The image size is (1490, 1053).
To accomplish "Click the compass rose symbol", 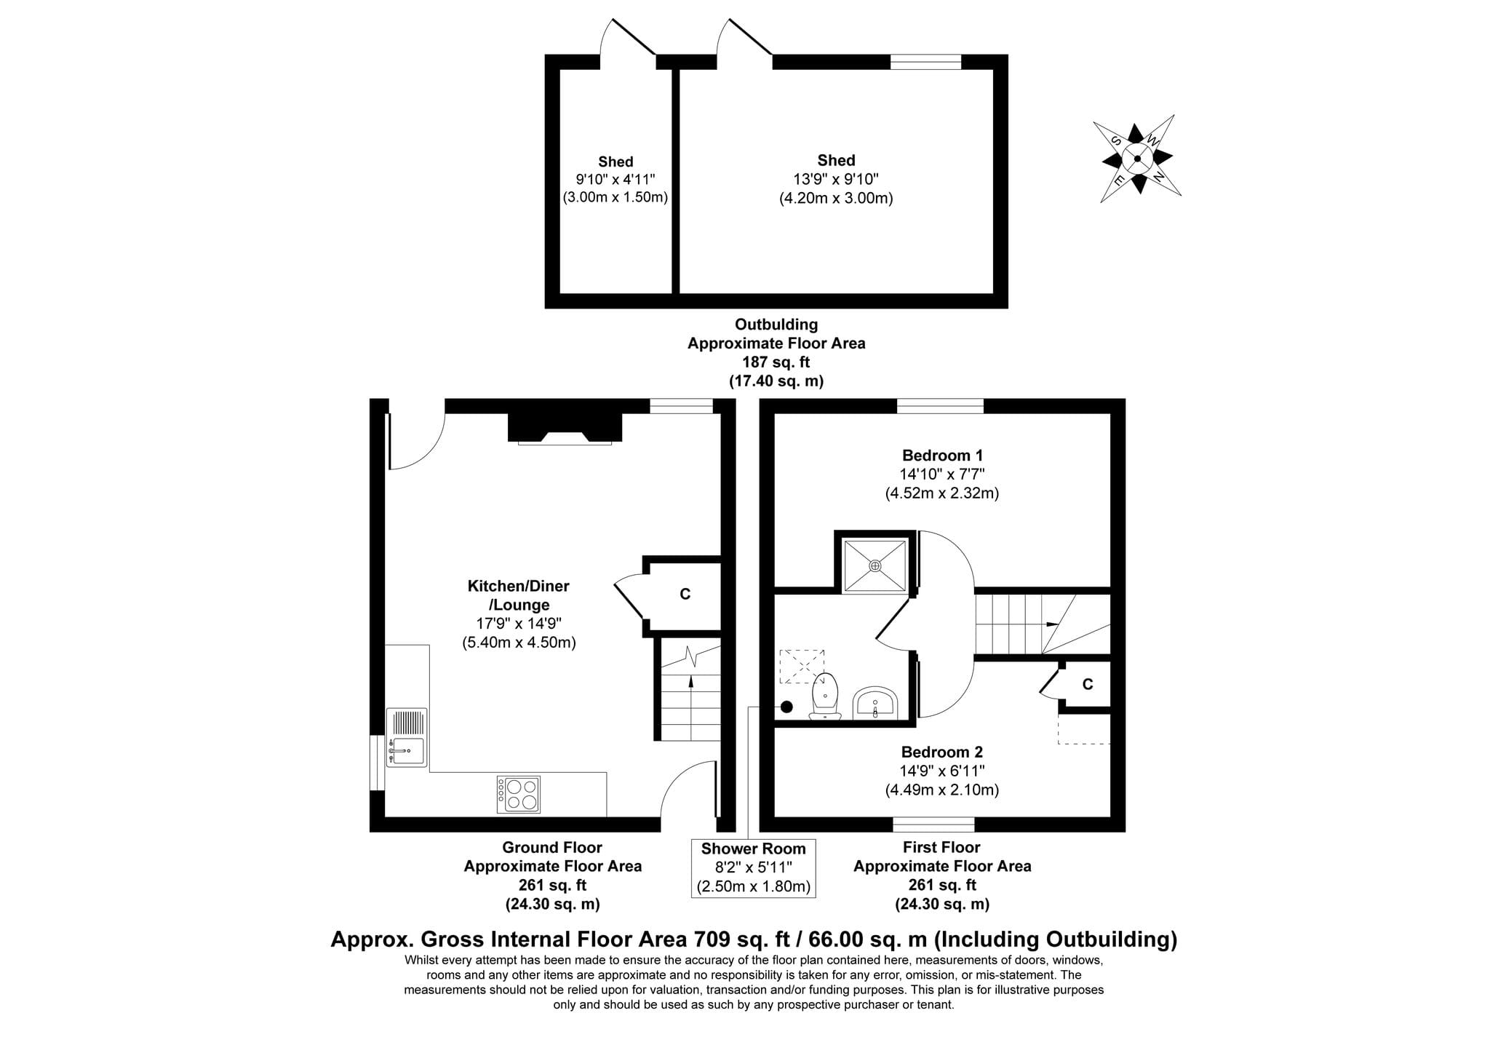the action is [1137, 159].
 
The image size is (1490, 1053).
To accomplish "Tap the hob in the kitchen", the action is [519, 794].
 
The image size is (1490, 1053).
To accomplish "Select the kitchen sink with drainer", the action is [407, 737].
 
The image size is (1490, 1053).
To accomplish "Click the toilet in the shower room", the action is [826, 696].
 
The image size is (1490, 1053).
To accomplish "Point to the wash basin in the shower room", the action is [875, 702].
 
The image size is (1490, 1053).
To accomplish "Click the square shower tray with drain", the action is [875, 565].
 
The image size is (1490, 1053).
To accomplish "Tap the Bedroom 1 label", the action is [942, 456].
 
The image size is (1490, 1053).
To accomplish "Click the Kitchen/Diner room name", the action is [518, 586].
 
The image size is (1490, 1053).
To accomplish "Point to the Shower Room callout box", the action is [753, 867].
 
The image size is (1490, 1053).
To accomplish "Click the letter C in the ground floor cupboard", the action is [685, 595].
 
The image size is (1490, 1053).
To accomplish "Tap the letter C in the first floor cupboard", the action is [1088, 685].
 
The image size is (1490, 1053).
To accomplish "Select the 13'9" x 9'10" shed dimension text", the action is [836, 179].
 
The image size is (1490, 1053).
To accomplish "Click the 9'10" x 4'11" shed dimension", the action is [615, 180].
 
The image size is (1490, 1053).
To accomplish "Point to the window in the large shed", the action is [926, 62].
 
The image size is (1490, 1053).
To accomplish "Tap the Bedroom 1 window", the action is [940, 406].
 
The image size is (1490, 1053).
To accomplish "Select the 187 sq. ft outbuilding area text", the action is [776, 362].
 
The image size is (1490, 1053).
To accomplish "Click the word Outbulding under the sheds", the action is [776, 325].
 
